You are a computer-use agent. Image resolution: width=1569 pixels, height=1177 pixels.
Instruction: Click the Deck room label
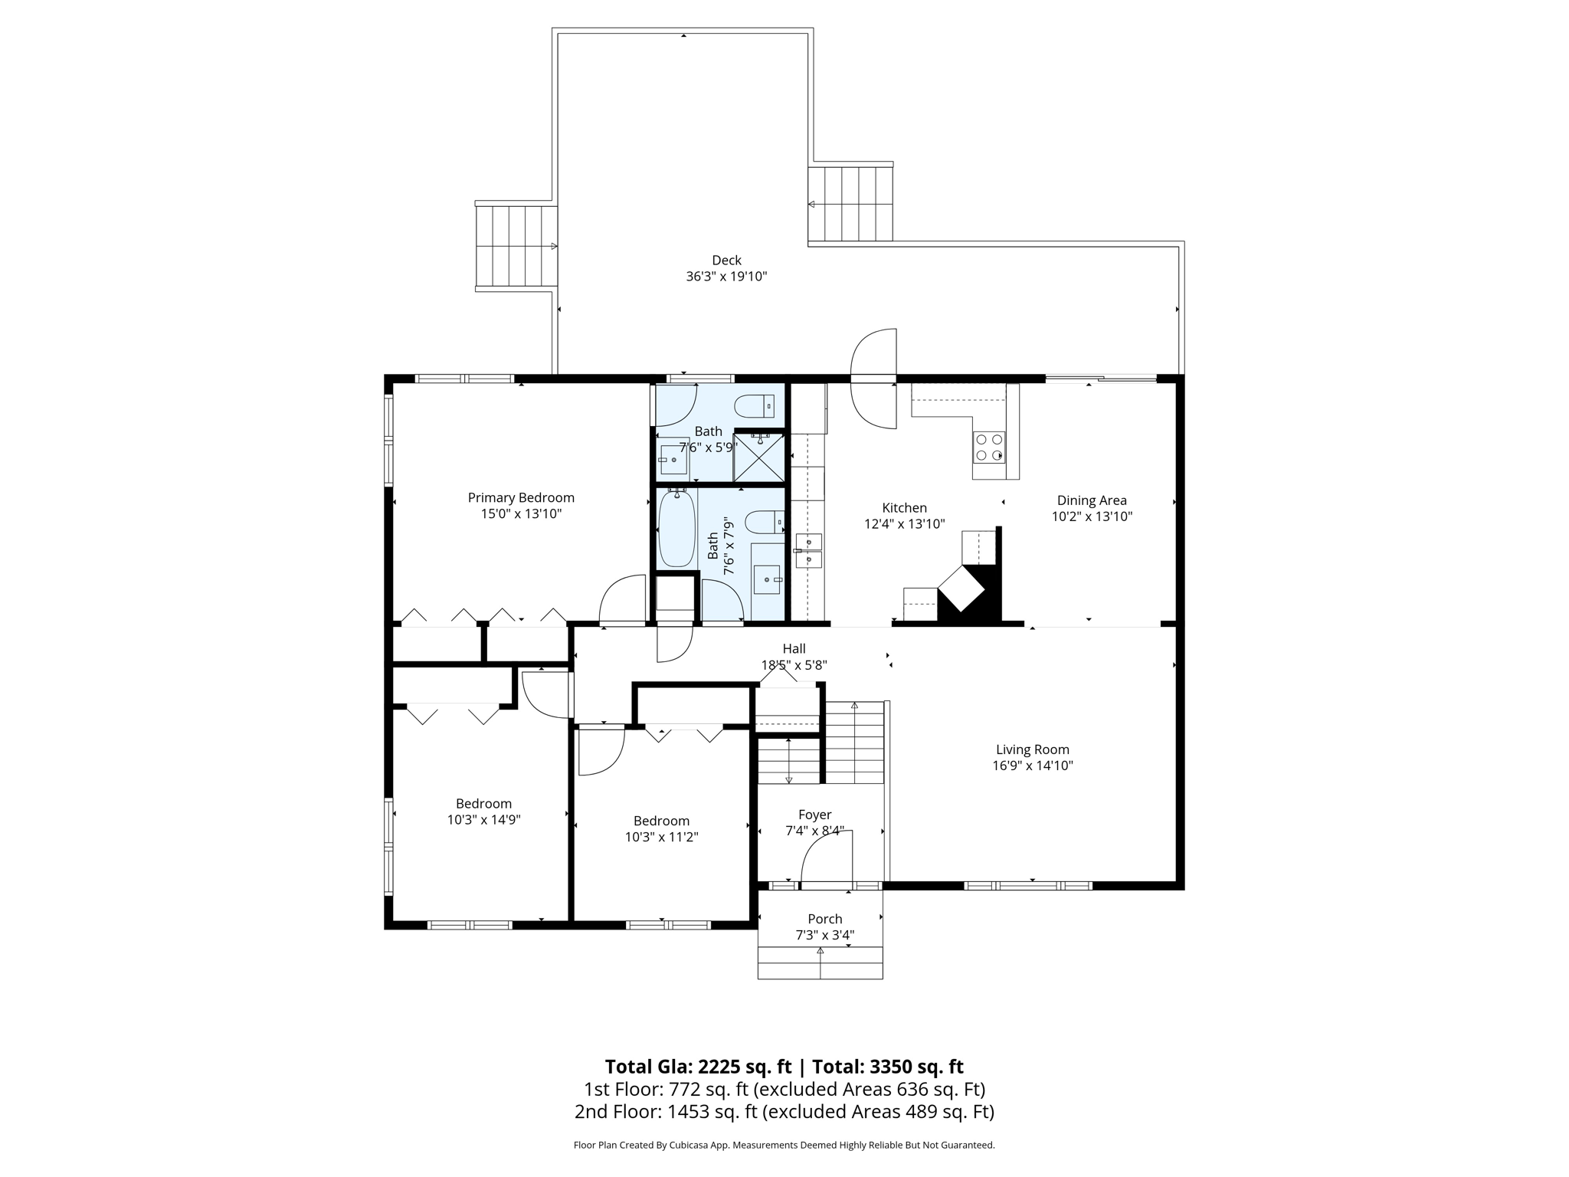tap(726, 261)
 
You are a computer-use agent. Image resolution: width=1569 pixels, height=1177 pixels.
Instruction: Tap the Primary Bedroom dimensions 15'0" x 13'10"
tap(521, 514)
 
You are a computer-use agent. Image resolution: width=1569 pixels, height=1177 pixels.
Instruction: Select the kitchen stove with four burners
tap(989, 448)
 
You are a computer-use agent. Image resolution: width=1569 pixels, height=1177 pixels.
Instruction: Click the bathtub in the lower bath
tap(676, 529)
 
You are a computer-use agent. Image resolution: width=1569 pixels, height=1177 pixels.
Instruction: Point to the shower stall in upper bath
tap(759, 457)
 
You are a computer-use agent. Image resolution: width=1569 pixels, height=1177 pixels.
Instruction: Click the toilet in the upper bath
tap(755, 405)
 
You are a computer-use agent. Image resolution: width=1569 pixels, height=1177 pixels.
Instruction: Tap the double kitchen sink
tap(808, 551)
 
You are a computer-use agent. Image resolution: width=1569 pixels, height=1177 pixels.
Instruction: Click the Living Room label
tap(1032, 749)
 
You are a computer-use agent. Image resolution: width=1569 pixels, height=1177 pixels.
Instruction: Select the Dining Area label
tap(1092, 500)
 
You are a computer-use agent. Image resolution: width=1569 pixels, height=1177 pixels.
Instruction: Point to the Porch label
tap(824, 919)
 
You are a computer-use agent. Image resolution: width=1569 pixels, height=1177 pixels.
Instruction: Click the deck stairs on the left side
tap(516, 247)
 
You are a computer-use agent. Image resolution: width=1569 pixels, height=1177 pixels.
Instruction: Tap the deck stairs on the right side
tap(851, 204)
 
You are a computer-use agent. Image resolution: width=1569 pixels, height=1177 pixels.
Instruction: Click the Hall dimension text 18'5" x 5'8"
tap(794, 665)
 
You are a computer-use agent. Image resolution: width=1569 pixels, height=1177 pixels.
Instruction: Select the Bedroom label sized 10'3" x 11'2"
tap(661, 821)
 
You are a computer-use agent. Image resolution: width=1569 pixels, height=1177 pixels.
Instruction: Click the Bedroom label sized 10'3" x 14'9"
tap(483, 804)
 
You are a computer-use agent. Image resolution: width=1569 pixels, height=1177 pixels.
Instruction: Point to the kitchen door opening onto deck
tap(874, 379)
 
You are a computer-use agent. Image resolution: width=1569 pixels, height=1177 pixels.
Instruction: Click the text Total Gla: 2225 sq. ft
tap(697, 1067)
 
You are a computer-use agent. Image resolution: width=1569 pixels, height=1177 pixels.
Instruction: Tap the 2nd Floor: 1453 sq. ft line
tap(784, 1112)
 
